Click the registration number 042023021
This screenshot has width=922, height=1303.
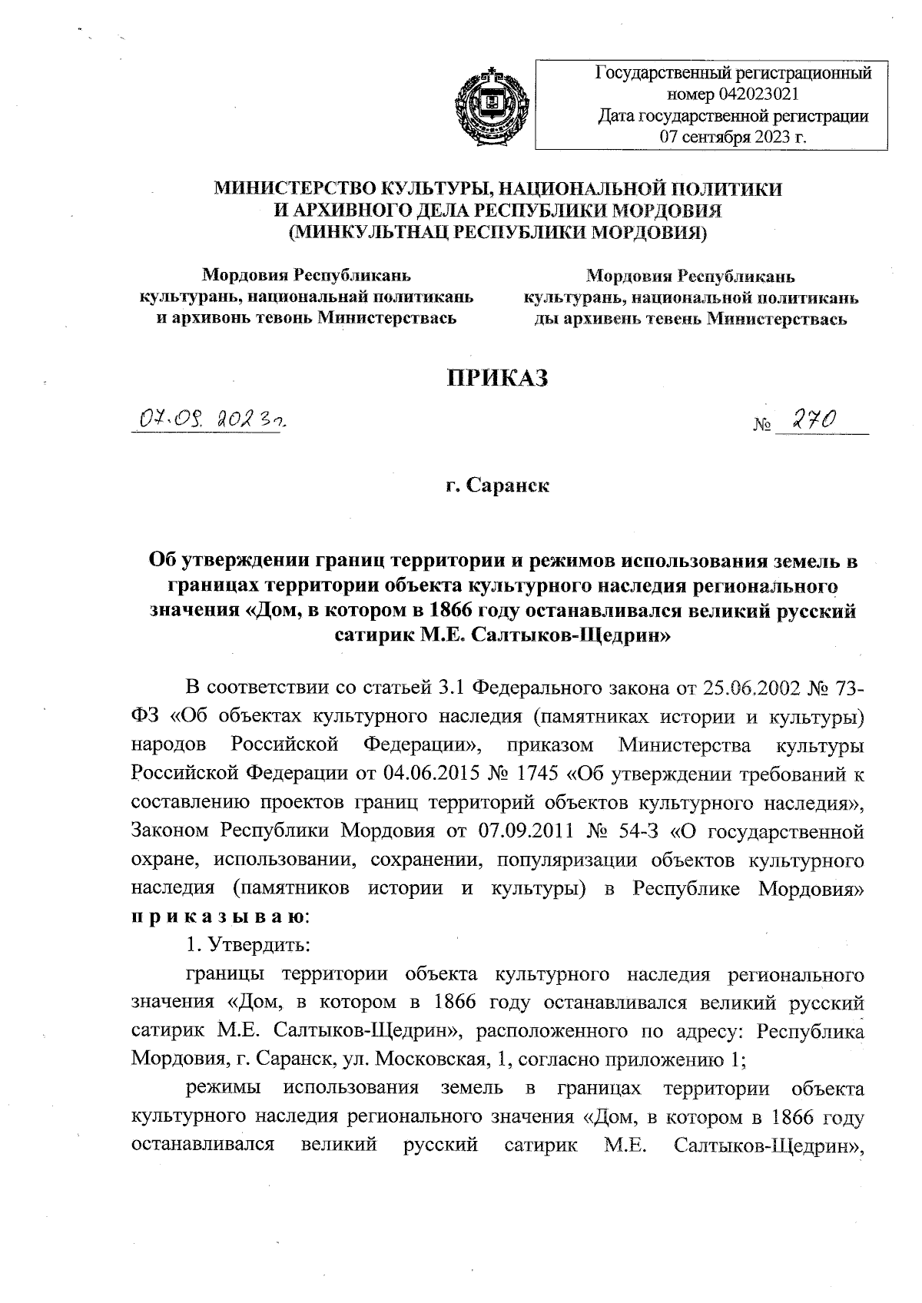pos(759,95)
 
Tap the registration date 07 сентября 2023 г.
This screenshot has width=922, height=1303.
pos(733,138)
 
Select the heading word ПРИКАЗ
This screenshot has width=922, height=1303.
pos(498,378)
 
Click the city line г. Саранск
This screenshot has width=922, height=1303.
pos(498,486)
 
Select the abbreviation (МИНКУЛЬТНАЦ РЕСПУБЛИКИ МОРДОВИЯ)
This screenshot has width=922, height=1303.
pos(498,231)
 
